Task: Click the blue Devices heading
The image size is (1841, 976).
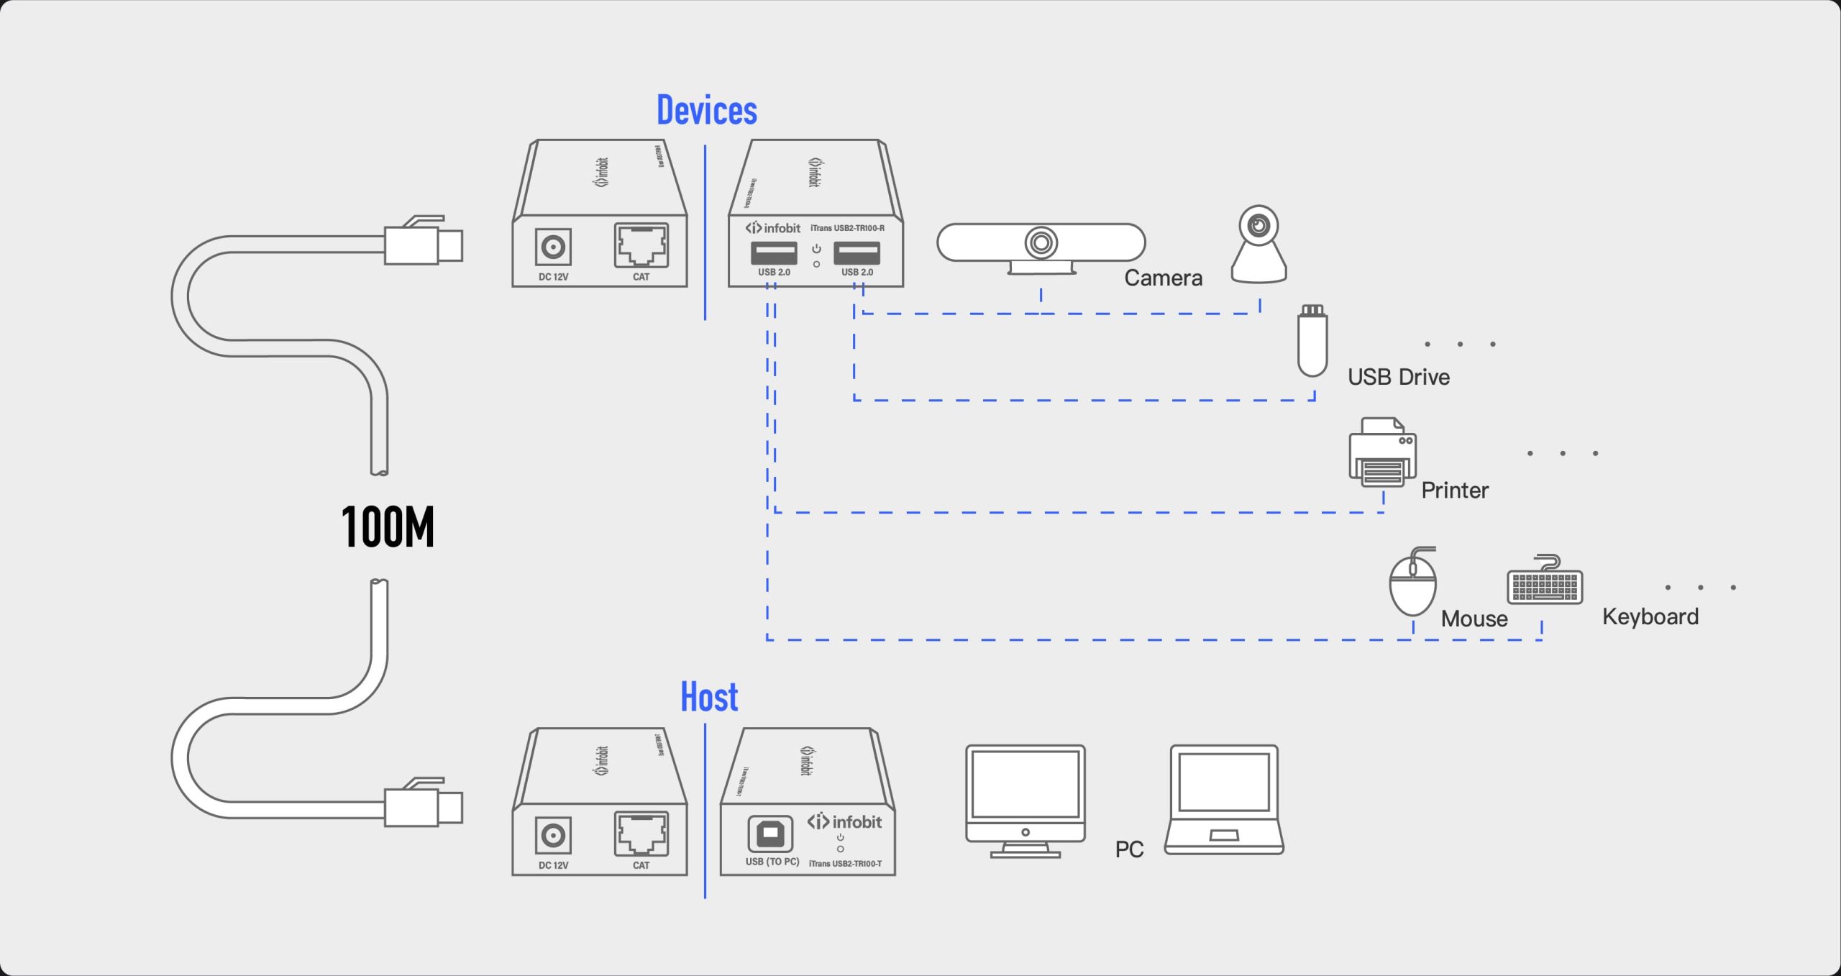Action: [x=706, y=111]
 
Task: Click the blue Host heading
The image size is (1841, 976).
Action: [x=709, y=697]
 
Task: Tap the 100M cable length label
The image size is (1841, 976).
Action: [x=388, y=526]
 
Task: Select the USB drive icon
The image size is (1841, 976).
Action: [x=1312, y=342]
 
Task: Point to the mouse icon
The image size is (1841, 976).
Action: [x=1412, y=583]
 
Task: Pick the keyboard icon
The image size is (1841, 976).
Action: [x=1545, y=583]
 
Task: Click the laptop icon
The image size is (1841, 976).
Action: [x=1224, y=800]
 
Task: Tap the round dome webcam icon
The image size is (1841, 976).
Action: [x=1258, y=245]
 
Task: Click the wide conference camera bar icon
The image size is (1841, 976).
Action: [x=1041, y=245]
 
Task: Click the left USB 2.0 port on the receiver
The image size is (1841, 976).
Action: [x=774, y=253]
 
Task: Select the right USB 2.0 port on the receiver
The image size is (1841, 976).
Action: [x=856, y=253]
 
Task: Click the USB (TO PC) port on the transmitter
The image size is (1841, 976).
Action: [x=770, y=834]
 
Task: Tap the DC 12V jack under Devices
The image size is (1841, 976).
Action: [x=553, y=247]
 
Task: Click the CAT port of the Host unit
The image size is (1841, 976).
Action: [x=641, y=834]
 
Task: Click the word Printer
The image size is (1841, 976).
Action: [x=1454, y=491]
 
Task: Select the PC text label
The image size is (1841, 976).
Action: [x=1129, y=849]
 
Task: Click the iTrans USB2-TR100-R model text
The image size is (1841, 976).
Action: [x=847, y=228]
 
